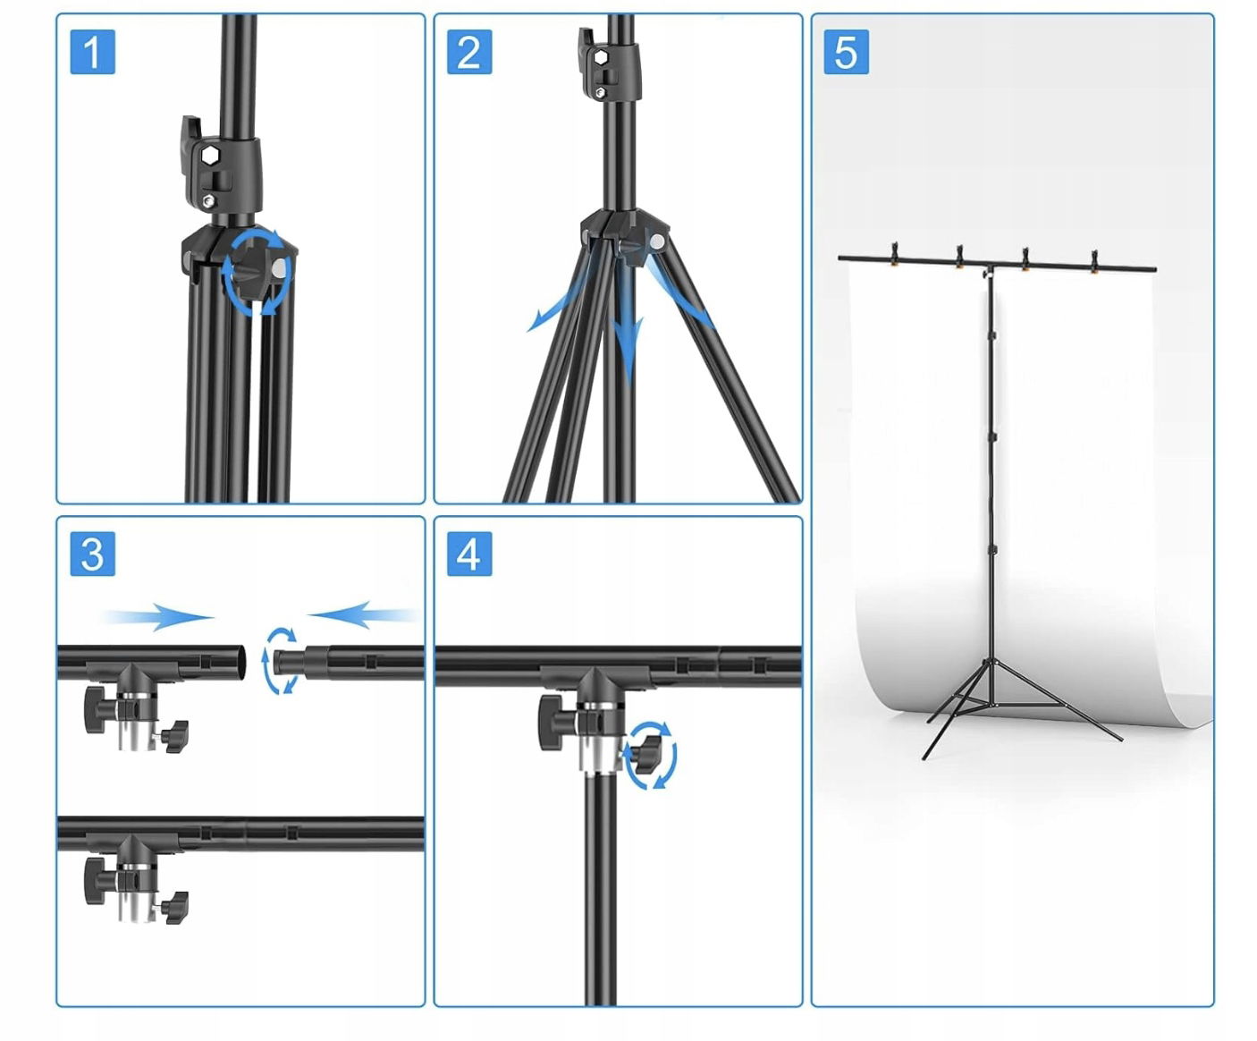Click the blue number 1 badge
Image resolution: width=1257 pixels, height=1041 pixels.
tap(92, 52)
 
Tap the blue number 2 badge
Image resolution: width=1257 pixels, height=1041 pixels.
tap(469, 52)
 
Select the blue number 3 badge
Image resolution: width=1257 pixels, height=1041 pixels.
tap(92, 554)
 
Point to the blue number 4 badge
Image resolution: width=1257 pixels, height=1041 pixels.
tap(469, 554)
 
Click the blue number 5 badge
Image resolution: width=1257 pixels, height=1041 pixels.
tap(846, 52)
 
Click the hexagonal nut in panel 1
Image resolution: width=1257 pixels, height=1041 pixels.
tap(210, 156)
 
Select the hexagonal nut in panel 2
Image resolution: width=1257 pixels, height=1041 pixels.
tap(600, 57)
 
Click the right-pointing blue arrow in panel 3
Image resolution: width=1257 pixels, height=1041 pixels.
tap(159, 617)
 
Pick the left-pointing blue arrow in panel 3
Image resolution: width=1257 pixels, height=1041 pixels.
tap(364, 614)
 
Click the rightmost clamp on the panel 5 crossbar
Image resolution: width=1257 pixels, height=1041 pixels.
tap(1094, 262)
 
